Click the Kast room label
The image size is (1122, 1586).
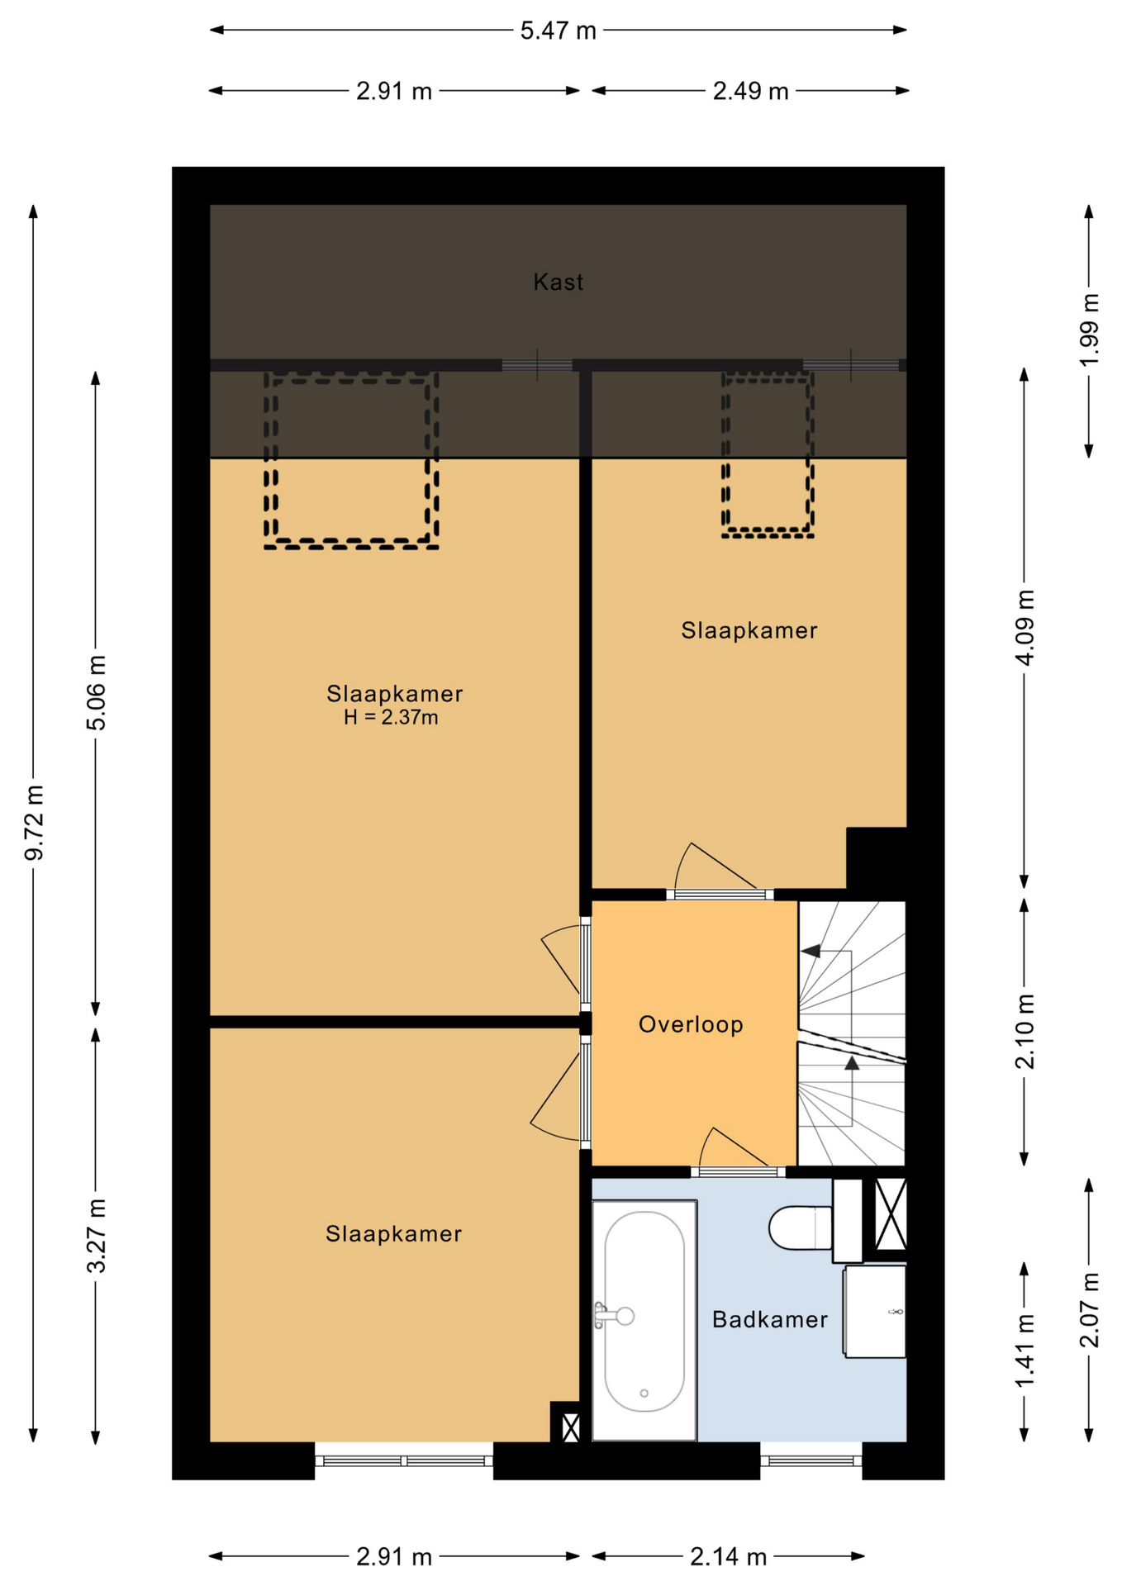click(x=559, y=283)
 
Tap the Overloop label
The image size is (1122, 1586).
click(x=691, y=1024)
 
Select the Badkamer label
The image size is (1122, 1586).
click(x=770, y=1319)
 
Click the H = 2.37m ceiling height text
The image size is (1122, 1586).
click(x=391, y=717)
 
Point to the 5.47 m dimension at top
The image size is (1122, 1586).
click(x=558, y=31)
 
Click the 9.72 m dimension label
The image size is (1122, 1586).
click(x=34, y=823)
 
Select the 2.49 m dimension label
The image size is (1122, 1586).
click(x=750, y=91)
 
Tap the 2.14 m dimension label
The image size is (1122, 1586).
click(x=728, y=1557)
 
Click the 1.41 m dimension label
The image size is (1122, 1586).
click(x=1025, y=1351)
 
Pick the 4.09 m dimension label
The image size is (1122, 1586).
click(x=1025, y=628)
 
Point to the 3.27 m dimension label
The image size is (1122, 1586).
click(x=97, y=1236)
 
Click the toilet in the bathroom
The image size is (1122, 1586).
click(x=800, y=1228)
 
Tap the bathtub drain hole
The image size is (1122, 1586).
click(x=644, y=1394)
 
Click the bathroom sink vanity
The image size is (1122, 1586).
click(x=874, y=1312)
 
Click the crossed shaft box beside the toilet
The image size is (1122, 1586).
click(x=891, y=1214)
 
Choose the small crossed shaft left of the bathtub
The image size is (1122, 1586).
click(x=570, y=1428)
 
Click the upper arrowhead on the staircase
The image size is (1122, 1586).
click(x=811, y=951)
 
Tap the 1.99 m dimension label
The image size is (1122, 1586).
click(x=1090, y=330)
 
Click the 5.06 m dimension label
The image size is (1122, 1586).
click(x=97, y=693)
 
